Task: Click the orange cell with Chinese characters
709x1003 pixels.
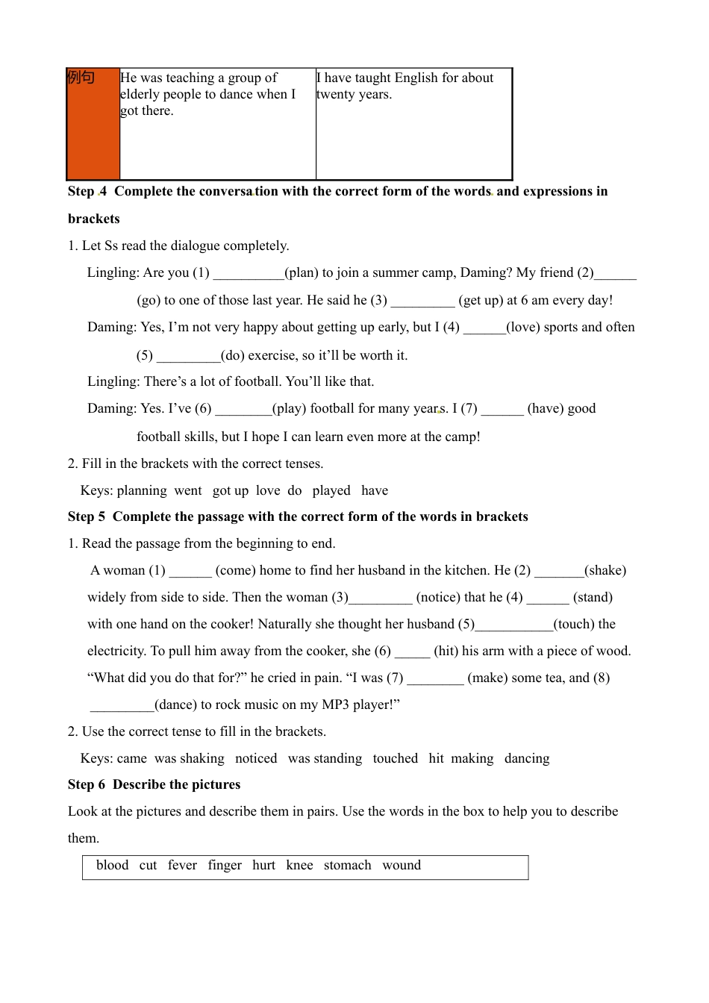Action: (93, 123)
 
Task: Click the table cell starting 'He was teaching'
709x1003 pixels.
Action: (216, 123)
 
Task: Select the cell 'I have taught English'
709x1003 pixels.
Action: (413, 123)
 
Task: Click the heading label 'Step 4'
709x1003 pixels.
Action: (87, 191)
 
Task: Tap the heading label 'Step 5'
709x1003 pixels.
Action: (87, 516)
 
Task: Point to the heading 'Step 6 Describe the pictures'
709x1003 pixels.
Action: (154, 784)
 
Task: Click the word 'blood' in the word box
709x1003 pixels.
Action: (113, 865)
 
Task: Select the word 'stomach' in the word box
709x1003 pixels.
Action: (347, 865)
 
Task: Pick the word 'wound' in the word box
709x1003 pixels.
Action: (402, 865)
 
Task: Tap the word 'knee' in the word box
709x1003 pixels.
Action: (299, 865)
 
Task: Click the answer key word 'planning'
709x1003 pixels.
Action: (142, 490)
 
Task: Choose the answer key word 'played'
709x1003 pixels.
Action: (331, 490)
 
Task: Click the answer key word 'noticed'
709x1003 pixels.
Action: (256, 758)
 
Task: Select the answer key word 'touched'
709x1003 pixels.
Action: (396, 758)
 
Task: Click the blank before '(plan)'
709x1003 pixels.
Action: (249, 274)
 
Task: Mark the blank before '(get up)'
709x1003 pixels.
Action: (422, 301)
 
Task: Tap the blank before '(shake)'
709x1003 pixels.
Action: (560, 572)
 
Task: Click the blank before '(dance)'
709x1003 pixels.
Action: (122, 706)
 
